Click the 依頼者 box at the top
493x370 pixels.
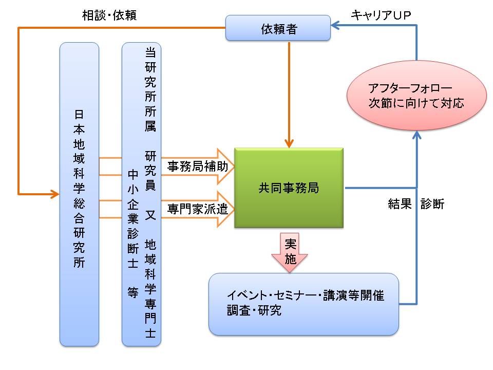[x=278, y=28]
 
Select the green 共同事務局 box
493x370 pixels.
[x=289, y=188]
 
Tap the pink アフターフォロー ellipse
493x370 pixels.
[x=416, y=96]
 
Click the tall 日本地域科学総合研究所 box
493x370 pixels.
[x=79, y=194]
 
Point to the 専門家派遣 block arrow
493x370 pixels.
[x=200, y=209]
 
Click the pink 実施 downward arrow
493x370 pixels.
[x=291, y=251]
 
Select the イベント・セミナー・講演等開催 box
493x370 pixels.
[x=304, y=304]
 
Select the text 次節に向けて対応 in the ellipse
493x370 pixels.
[x=416, y=103]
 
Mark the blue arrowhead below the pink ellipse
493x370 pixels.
[x=416, y=135]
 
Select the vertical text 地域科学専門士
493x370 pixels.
[x=150, y=288]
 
